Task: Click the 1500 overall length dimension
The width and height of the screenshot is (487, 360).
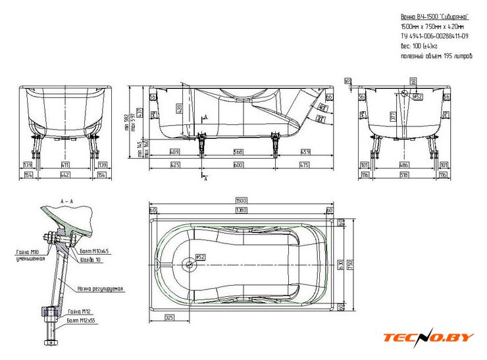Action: coord(241,200)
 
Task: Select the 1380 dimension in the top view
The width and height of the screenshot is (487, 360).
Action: coord(241,210)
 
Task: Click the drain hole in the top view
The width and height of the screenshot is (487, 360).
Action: coord(190,264)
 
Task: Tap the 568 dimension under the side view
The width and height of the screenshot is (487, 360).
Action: coord(239,152)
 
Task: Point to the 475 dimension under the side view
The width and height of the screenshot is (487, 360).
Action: coord(305,165)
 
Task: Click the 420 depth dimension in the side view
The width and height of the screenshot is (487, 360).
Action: coord(180,109)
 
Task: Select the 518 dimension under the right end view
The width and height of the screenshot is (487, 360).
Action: coord(404,174)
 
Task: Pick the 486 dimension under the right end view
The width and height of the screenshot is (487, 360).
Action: coord(404,164)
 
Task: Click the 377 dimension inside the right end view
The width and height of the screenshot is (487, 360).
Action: coord(394,116)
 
